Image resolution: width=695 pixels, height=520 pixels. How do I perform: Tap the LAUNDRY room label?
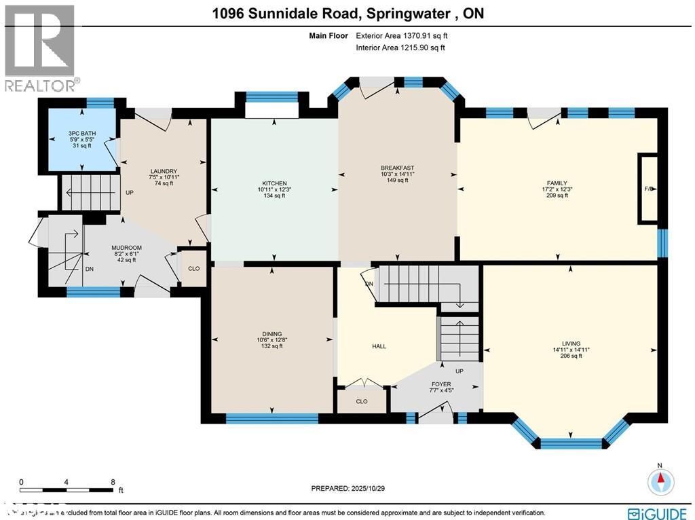pos(164,171)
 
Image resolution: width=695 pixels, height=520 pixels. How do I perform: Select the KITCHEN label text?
pos(275,183)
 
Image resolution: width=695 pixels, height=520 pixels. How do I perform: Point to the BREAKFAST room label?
pos(397,168)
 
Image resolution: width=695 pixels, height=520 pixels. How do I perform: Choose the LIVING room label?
pos(571,343)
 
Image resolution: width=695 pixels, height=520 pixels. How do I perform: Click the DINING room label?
pos(271,333)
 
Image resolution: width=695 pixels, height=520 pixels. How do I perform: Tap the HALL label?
pos(379,346)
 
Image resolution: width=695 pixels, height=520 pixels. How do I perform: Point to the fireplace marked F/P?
pos(647,189)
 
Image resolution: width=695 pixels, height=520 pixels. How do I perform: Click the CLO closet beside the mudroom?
pos(193,268)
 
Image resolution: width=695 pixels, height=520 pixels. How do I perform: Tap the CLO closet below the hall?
pos(362,401)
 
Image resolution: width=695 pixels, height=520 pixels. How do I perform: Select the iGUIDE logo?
pos(658,513)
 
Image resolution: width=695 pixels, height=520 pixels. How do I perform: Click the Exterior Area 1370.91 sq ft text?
pos(400,35)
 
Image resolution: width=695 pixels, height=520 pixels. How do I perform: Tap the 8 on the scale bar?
pos(113,481)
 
